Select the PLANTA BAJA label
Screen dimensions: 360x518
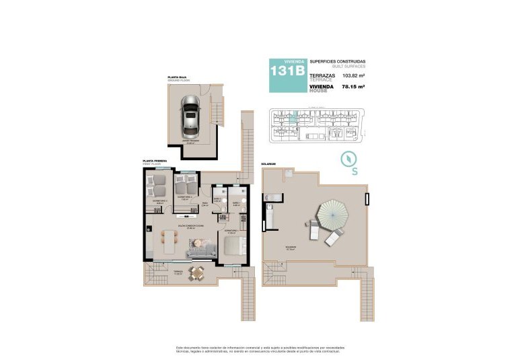(x=178, y=77)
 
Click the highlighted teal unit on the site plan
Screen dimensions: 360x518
(x=293, y=118)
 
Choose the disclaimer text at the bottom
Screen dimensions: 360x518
(x=259, y=348)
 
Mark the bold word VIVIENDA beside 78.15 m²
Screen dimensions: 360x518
(x=322, y=87)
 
